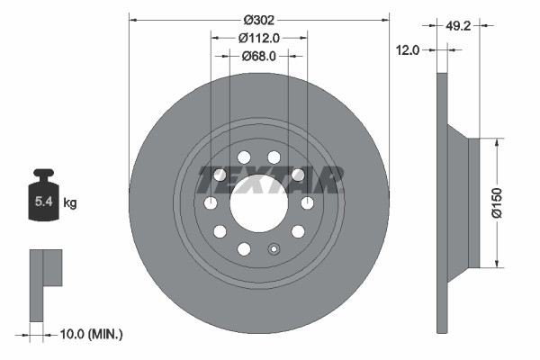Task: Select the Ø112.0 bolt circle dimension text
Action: point(259,37)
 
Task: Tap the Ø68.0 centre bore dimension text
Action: point(259,56)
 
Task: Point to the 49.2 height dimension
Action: point(459,27)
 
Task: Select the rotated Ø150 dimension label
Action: point(509,202)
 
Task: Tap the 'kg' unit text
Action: point(70,203)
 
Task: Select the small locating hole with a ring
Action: point(275,250)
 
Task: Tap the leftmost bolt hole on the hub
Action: point(211,203)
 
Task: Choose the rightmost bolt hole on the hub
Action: point(307,202)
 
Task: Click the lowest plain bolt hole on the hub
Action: point(243,248)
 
